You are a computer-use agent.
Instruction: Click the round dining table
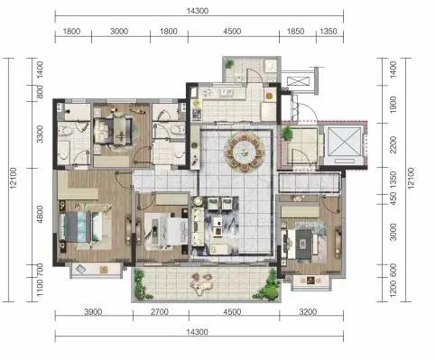(245, 152)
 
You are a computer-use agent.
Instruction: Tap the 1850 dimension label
(295, 32)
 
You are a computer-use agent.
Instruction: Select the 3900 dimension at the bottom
(93, 312)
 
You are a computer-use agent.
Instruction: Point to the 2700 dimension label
(160, 312)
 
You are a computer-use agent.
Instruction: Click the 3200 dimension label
(308, 312)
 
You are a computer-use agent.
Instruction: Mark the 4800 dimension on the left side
(40, 214)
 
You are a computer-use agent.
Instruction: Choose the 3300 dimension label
(40, 134)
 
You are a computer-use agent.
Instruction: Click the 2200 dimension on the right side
(393, 144)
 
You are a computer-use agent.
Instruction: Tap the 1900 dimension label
(393, 105)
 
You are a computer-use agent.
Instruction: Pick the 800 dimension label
(40, 92)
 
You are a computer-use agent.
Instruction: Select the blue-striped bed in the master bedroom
(81, 226)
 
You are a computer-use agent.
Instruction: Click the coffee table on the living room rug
(217, 226)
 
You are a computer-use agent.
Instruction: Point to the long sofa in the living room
(198, 226)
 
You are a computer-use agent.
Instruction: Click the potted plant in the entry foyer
(288, 134)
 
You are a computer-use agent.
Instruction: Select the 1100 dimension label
(40, 287)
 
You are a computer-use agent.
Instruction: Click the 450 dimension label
(393, 198)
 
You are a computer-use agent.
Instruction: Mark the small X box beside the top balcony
(298, 81)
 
